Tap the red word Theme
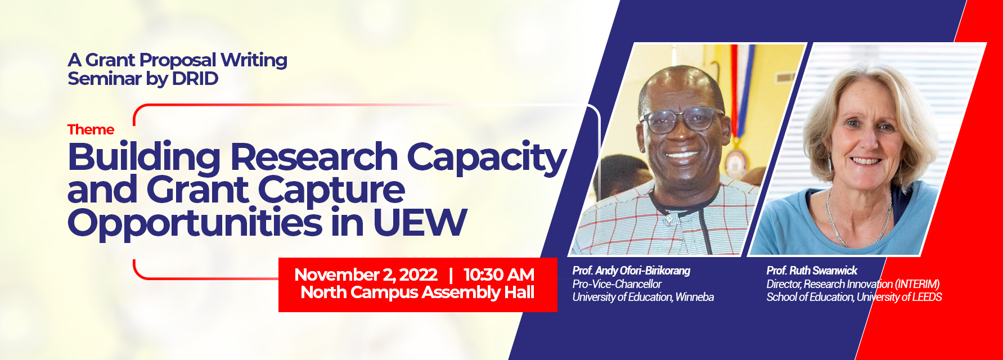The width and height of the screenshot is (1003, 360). click(91, 130)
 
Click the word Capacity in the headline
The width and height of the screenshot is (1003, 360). click(486, 158)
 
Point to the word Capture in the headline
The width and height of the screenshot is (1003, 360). click(331, 191)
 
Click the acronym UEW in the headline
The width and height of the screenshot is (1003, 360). click(420, 223)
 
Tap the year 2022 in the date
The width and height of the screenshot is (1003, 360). click(418, 274)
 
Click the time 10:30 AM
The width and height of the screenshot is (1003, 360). click(498, 274)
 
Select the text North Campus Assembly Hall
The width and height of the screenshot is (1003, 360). click(417, 292)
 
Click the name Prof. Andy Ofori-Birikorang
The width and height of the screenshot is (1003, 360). click(631, 271)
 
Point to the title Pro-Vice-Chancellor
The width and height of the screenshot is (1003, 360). click(617, 284)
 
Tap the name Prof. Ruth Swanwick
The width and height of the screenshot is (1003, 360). click(811, 271)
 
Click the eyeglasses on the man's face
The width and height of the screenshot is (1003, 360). click(681, 119)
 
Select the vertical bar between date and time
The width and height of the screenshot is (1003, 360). click(451, 274)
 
